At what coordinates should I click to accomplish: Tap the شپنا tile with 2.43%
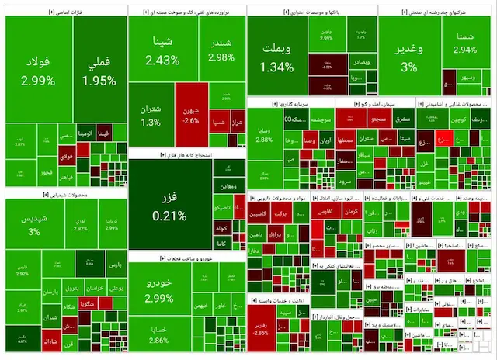pyautogui.click(x=162, y=50)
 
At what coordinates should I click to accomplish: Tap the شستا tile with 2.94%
pyautogui.click(x=465, y=43)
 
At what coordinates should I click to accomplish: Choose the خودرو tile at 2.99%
pyautogui.click(x=159, y=292)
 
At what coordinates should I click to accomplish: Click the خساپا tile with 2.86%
pyautogui.click(x=159, y=334)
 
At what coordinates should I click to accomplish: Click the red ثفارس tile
pyautogui.click(x=325, y=209)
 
